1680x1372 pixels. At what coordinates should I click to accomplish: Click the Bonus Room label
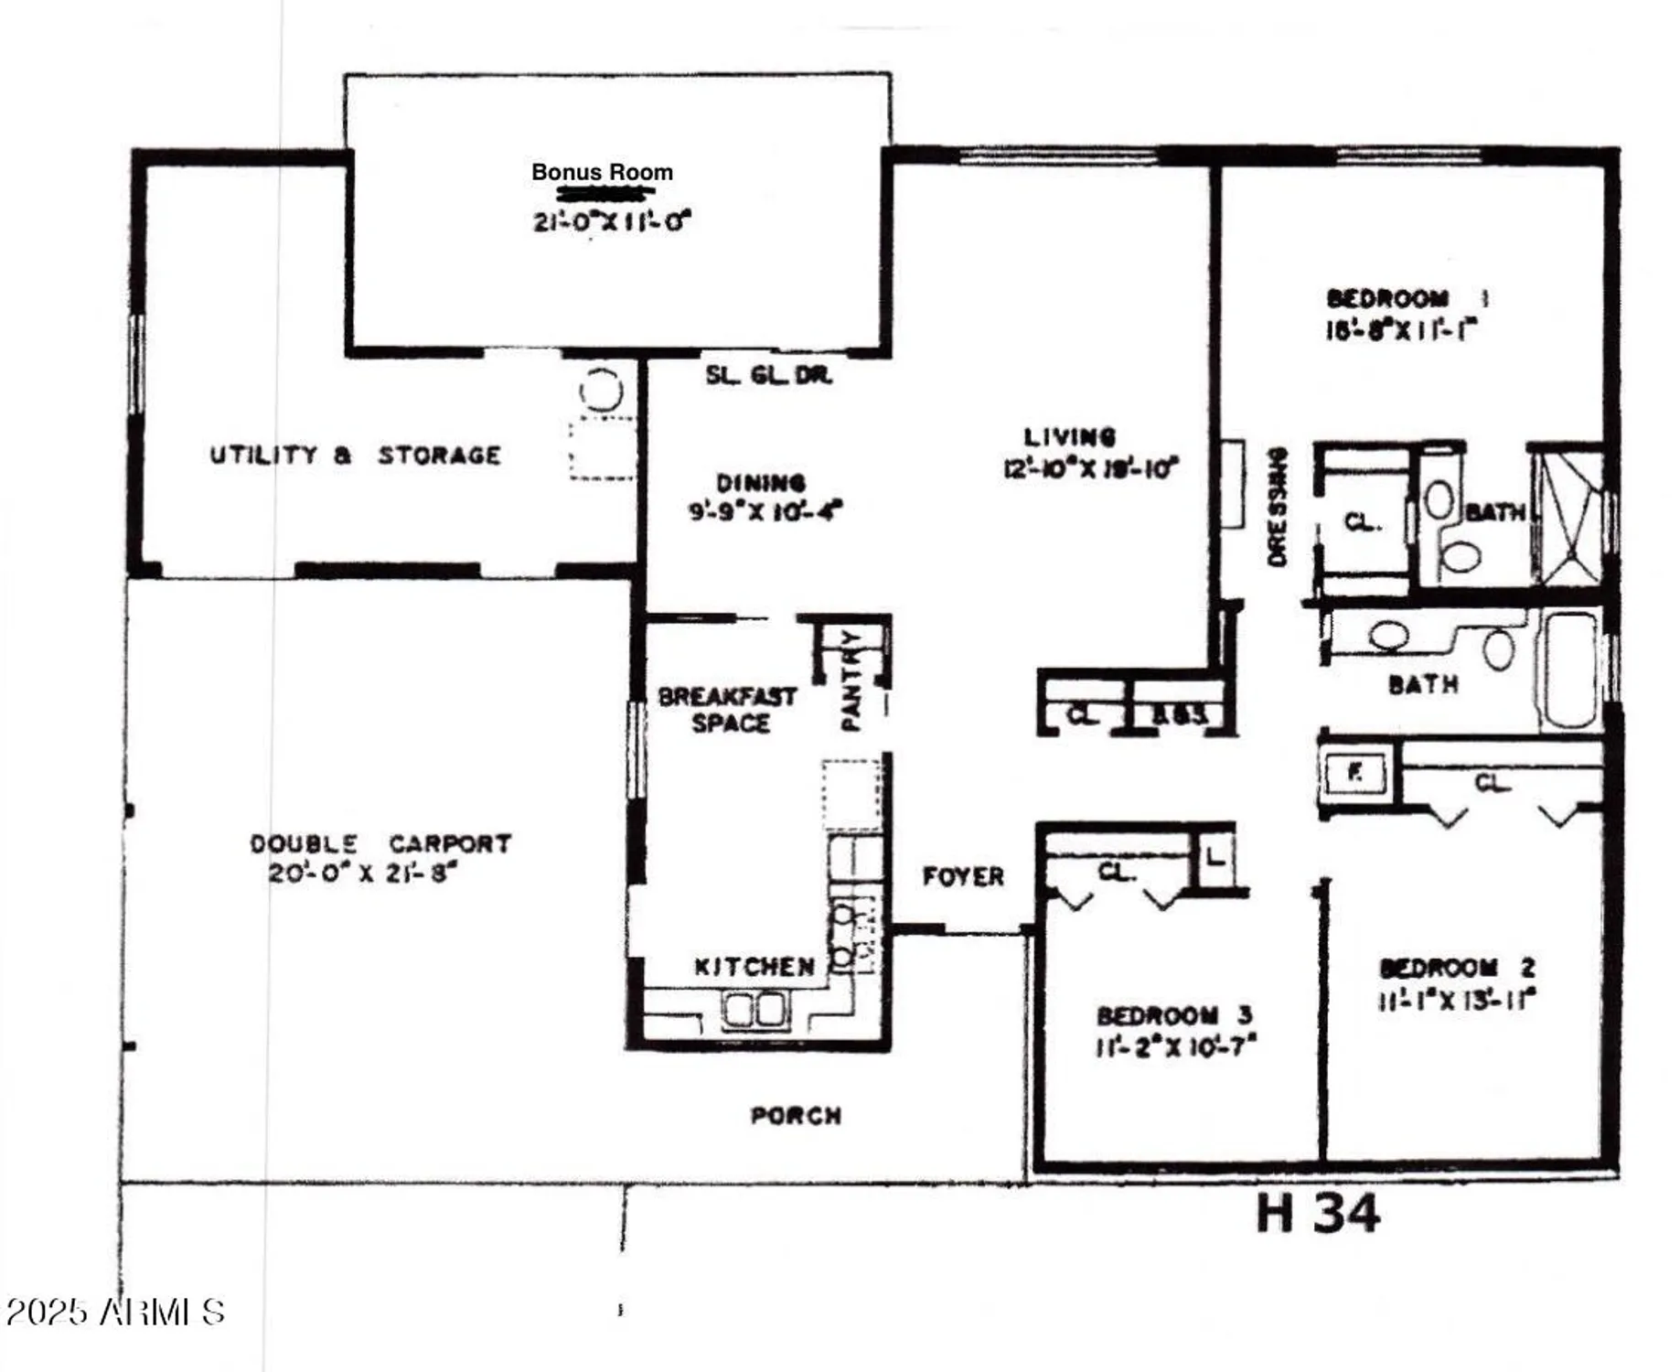point(602,172)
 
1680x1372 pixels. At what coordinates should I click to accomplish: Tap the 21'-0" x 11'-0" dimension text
point(611,220)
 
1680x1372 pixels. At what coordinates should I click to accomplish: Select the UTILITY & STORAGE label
point(355,455)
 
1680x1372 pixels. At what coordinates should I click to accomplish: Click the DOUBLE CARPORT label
point(380,842)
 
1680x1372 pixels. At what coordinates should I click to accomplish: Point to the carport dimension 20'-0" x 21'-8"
point(362,872)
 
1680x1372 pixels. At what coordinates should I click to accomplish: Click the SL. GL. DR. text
point(768,375)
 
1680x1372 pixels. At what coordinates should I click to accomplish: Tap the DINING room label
point(760,482)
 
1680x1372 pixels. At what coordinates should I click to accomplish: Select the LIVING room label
point(1069,436)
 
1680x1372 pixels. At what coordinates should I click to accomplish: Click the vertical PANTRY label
point(850,680)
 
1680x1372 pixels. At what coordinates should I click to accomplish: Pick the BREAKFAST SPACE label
point(728,710)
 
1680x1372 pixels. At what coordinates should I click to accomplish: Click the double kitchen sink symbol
point(754,1010)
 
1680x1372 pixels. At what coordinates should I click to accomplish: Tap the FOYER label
point(962,876)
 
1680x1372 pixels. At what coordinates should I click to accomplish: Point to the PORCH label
point(796,1115)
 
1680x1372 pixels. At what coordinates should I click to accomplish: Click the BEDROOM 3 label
point(1174,1015)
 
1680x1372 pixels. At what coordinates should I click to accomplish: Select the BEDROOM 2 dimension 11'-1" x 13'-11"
point(1456,999)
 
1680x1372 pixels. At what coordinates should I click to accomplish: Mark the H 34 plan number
point(1317,1214)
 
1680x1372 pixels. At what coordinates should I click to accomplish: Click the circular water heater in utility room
point(601,391)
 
